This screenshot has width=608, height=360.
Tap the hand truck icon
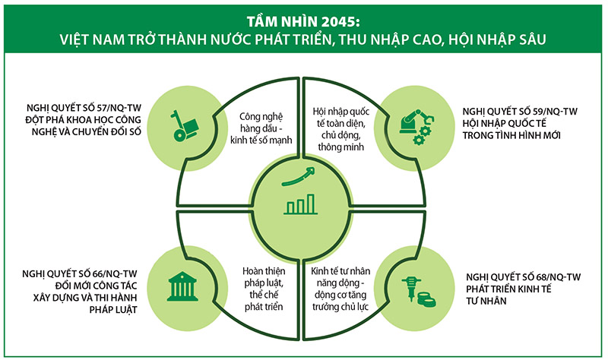pyautogui.click(x=185, y=125)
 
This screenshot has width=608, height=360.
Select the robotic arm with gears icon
pyautogui.click(x=416, y=127)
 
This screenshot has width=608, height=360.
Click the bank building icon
pyautogui.click(x=182, y=286)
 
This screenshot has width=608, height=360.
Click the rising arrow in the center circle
pyautogui.click(x=299, y=176)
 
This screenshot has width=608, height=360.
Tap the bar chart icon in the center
pyautogui.click(x=300, y=204)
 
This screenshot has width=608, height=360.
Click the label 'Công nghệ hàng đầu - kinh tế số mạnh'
pyautogui.click(x=261, y=128)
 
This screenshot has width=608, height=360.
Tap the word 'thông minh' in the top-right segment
pyautogui.click(x=340, y=147)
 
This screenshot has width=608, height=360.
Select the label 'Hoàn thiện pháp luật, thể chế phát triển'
pyautogui.click(x=264, y=289)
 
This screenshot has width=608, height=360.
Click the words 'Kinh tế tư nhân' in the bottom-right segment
pyautogui.click(x=340, y=271)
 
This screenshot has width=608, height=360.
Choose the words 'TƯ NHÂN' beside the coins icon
pyautogui.click(x=486, y=301)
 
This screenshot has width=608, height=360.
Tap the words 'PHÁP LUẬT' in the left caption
pyautogui.click(x=113, y=310)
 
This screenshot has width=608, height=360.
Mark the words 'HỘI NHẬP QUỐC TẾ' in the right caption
pyautogui.click(x=505, y=124)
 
